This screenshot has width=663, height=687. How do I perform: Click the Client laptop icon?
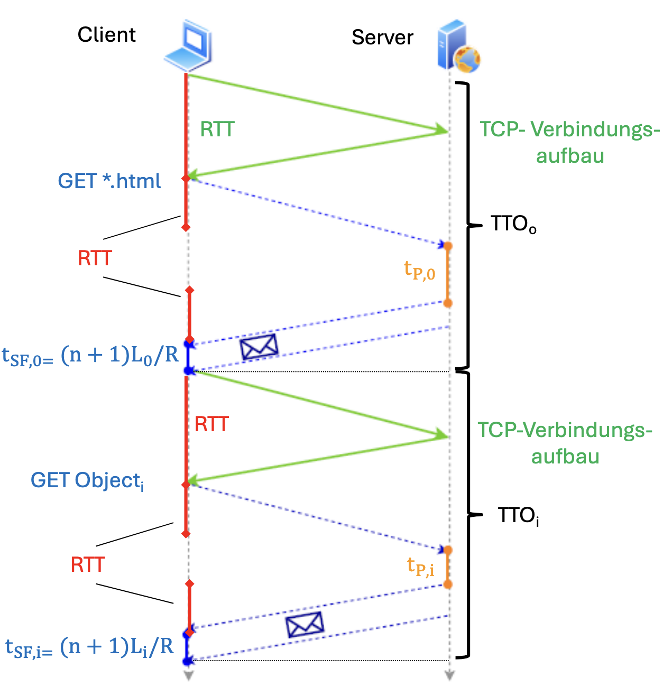(x=189, y=47)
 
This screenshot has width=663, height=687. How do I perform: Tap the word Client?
(x=106, y=35)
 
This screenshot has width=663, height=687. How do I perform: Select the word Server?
(x=382, y=38)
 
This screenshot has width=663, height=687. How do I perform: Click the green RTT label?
(x=217, y=129)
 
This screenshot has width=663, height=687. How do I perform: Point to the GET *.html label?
(x=109, y=181)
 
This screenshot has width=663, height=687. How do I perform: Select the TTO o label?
(x=513, y=225)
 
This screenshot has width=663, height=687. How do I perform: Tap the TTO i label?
(x=518, y=515)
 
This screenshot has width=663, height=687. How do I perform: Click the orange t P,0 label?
(x=419, y=271)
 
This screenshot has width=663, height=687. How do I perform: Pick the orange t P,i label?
(x=420, y=567)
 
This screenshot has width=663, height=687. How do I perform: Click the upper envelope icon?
(x=259, y=347)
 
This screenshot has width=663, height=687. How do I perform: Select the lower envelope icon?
(x=304, y=625)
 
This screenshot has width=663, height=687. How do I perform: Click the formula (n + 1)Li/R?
(x=117, y=646)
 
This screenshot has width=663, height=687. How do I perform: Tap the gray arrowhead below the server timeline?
(x=449, y=675)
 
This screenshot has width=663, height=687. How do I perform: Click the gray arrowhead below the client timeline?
(x=188, y=675)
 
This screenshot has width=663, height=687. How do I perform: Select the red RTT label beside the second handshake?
(x=211, y=424)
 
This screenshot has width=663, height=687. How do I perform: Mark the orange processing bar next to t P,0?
(x=447, y=275)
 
